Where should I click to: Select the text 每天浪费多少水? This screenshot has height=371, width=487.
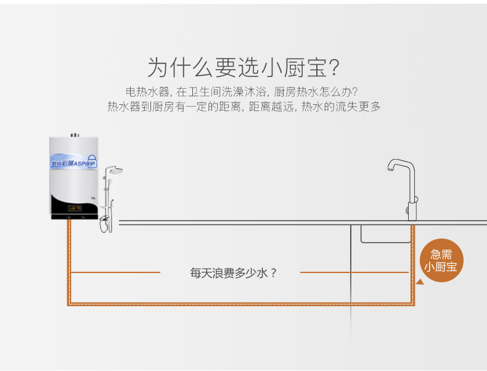tap(233, 272)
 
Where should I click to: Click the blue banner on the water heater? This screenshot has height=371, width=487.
tap(73, 161)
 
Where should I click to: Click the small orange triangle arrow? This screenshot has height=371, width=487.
tap(420, 283)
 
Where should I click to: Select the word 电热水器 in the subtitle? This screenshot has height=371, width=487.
tap(147, 92)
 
